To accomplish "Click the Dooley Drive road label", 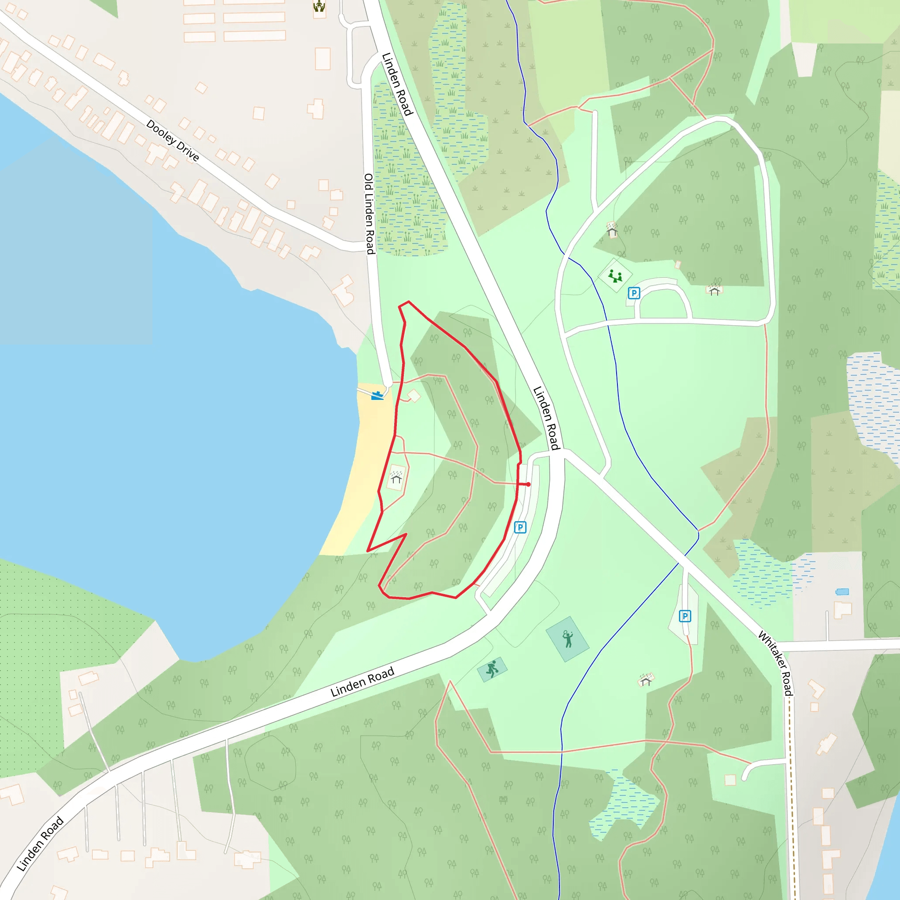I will (172, 140).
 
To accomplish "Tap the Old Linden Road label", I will (370, 214).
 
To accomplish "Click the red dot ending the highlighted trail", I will (528, 484).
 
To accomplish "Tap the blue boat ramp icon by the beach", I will (377, 396).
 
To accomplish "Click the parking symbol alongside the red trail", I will (520, 527).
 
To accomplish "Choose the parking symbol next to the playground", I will (634, 293).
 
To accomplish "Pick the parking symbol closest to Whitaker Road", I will (685, 616).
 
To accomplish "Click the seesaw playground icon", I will (615, 276).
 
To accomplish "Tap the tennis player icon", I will (567, 639).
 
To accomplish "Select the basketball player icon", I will (492, 669).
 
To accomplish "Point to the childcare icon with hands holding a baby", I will (319, 7).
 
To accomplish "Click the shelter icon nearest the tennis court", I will (646, 680).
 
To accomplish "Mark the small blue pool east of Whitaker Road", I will (842, 592).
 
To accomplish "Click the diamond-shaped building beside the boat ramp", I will (414, 396).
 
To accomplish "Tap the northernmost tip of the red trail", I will (408, 302).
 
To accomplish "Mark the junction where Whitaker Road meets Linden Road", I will (564, 453).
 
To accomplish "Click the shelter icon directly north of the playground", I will (612, 230).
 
